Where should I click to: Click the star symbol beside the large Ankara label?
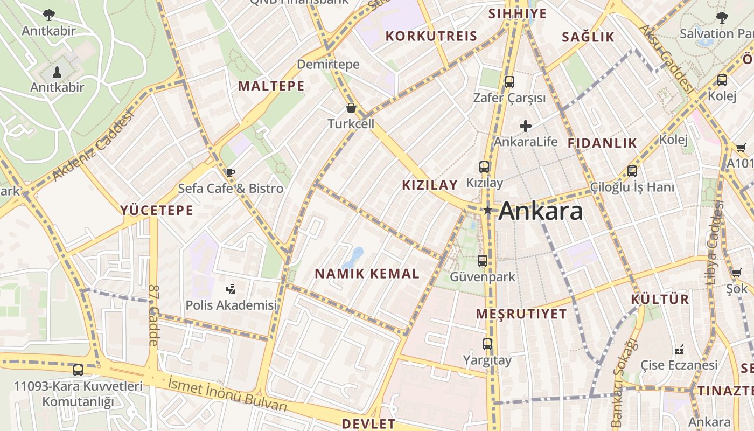pos(488,211)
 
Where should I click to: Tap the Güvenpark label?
pos(483,277)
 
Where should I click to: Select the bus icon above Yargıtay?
pos(487,344)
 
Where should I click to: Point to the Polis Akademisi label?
pos(231,305)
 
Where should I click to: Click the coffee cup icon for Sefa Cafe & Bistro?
pos(231,172)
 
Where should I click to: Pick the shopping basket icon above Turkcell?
pos(351,108)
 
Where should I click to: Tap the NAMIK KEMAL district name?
pos(367,274)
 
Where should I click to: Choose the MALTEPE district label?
pos(271,86)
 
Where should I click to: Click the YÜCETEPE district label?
pos(157,210)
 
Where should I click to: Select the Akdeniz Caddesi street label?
pos(94,147)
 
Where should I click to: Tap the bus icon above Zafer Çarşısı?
pos(509,82)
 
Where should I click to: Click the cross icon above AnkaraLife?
pos(526,126)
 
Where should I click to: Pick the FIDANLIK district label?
pos(602,143)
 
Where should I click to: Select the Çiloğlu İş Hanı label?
pos(632,187)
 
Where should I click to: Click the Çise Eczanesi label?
pos(679,365)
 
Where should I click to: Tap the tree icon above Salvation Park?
pos(722,18)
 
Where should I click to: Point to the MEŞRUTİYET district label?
pos(521,314)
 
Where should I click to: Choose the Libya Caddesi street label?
pos(714,242)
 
